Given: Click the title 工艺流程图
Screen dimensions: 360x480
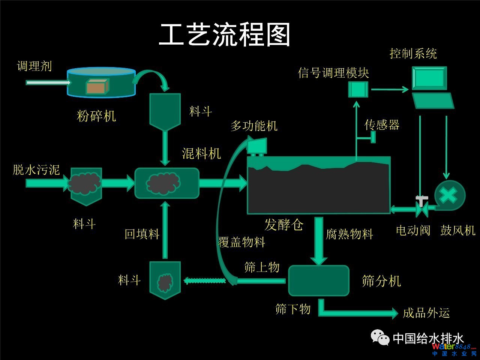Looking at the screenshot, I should (x=225, y=34).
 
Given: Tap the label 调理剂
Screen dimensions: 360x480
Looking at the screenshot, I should (x=34, y=66).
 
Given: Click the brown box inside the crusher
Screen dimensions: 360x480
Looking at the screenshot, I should (x=97, y=87).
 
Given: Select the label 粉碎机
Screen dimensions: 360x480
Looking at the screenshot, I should (x=96, y=116).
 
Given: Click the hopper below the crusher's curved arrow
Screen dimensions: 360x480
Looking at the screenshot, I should (x=165, y=110).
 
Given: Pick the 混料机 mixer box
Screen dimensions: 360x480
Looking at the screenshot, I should (x=166, y=183).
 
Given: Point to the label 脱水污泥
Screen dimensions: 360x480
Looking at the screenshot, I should (x=36, y=169).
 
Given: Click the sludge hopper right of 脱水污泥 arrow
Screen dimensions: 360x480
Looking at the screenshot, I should (x=86, y=185).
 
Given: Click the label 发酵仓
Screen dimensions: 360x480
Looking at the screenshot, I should (x=284, y=225).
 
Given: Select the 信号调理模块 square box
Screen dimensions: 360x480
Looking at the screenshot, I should (x=358, y=89).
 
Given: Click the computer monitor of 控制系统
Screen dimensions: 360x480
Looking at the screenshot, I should (x=429, y=78).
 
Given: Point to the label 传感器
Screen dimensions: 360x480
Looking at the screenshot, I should (x=382, y=125).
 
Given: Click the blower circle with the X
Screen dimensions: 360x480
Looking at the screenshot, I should (x=450, y=195).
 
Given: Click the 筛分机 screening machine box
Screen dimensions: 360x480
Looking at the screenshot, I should (x=318, y=280).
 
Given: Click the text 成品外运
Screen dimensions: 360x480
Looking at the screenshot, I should (x=426, y=313).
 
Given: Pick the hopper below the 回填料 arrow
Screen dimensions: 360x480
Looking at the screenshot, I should (x=165, y=280).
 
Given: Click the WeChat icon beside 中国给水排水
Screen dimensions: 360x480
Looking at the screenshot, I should (x=380, y=337).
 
